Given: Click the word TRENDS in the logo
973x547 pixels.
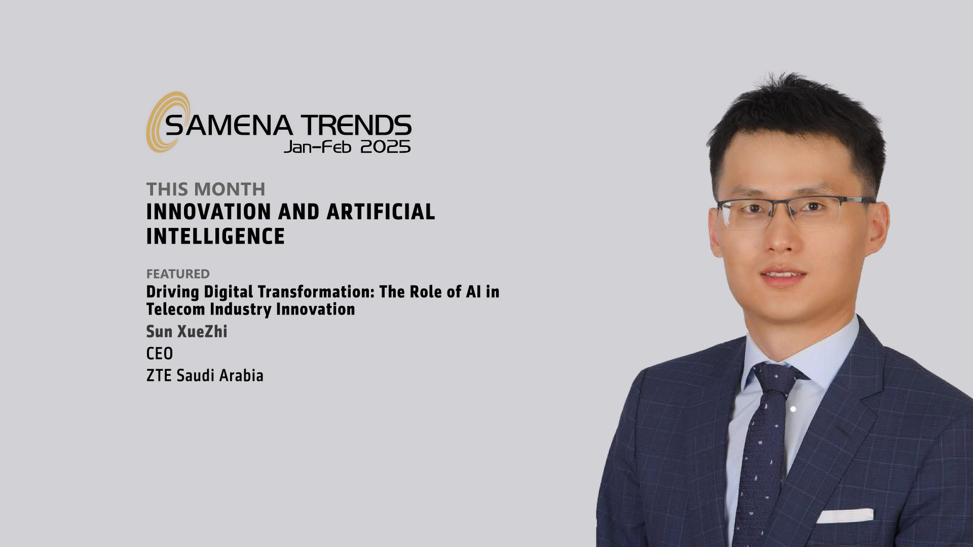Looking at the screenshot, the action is pyautogui.click(x=356, y=126).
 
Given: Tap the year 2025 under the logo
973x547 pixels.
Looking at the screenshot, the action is pyautogui.click(x=385, y=147).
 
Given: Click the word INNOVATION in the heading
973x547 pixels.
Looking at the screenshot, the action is pyautogui.click(x=208, y=212).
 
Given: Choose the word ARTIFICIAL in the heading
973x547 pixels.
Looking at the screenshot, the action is pyautogui.click(x=381, y=212).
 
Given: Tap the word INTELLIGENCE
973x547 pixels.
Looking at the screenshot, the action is pyautogui.click(x=216, y=237).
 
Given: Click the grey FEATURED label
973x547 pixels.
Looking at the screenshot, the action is pyautogui.click(x=178, y=274).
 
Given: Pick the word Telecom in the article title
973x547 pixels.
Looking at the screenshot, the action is pyautogui.click(x=176, y=309).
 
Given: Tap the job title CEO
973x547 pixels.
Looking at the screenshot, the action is pyautogui.click(x=160, y=354).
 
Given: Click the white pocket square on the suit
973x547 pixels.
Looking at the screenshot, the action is pyautogui.click(x=845, y=516).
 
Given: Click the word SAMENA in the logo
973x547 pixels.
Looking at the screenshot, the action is pyautogui.click(x=229, y=126).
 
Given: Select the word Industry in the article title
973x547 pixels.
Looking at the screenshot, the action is pyautogui.click(x=241, y=309).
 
